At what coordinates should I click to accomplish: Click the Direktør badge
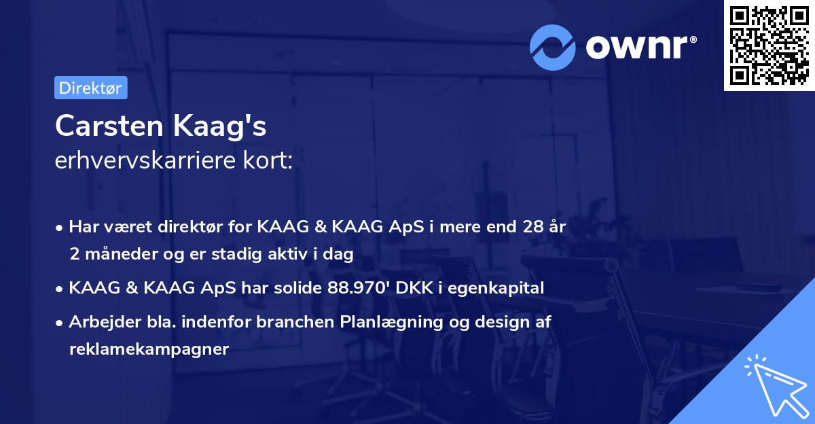click(x=90, y=88)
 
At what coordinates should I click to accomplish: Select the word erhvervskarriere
click(x=139, y=161)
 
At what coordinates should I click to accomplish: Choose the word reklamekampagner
click(x=149, y=349)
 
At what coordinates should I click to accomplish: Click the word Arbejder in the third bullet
click(x=100, y=323)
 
